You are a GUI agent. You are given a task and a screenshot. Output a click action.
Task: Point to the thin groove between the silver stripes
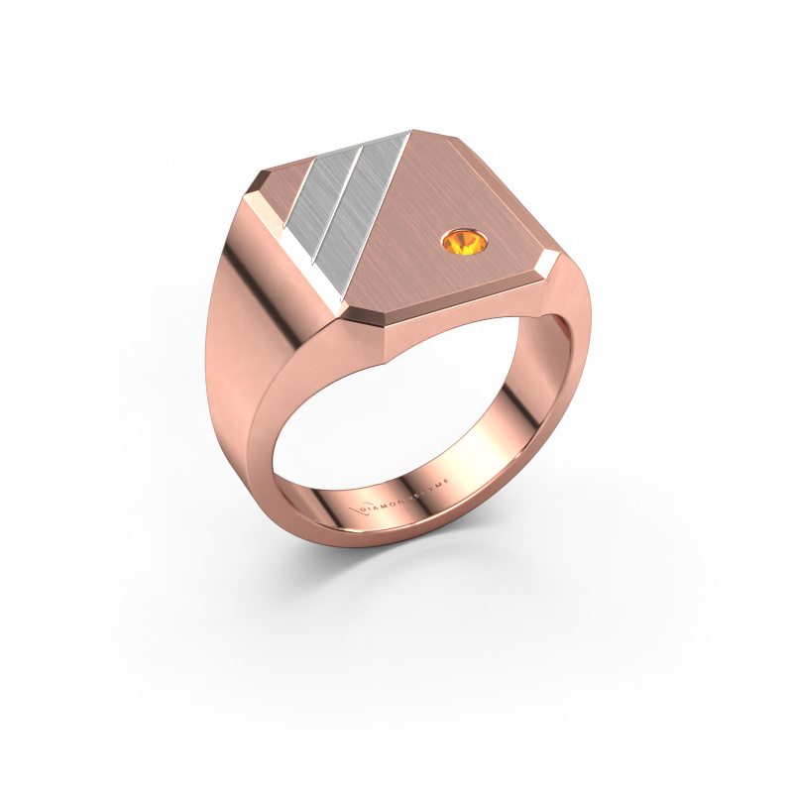point(337,203)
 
